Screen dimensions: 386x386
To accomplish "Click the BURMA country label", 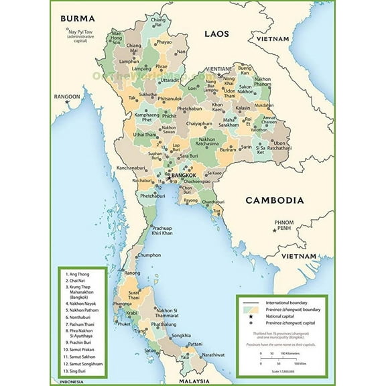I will [x=78, y=17].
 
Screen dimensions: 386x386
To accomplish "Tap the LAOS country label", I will [x=217, y=33].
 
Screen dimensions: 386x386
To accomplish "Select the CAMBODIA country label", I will [x=274, y=200].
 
